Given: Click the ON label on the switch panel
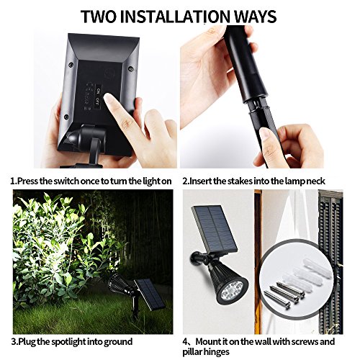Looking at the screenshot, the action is coord(99,91).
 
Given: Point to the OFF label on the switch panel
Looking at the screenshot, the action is coord(98,101).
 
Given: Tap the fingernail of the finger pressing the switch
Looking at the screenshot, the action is coord(109,99).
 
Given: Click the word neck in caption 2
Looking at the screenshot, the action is coord(315,181).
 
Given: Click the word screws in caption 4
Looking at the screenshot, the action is coord(305,341).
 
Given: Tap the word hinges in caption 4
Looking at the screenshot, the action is coord(216,352).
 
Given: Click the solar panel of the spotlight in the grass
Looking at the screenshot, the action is coord(150,294).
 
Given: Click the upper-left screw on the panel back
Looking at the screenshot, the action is coord(71,65).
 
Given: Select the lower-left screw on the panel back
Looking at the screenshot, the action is coord(66,117).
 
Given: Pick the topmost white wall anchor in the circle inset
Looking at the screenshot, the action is coord(318,268).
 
